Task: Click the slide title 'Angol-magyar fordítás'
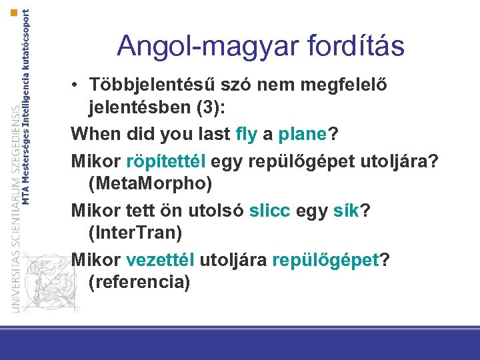coord(260,46)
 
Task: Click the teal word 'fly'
coord(247,133)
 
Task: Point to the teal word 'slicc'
coord(270,211)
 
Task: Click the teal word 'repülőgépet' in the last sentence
coord(325,259)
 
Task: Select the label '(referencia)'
coord(139,281)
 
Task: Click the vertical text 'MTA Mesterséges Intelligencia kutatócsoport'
coord(26,107)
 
